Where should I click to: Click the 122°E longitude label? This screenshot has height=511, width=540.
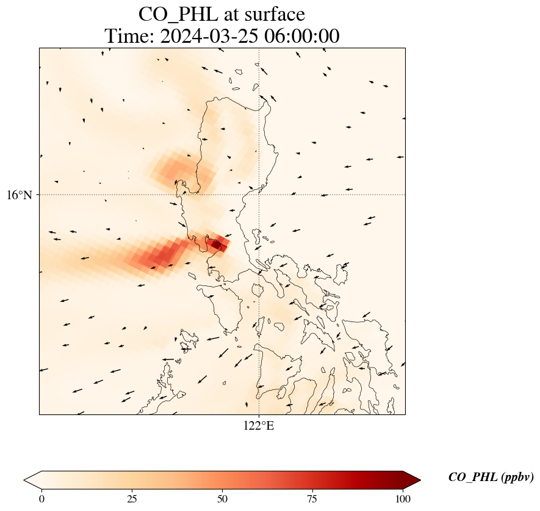pos(259,425)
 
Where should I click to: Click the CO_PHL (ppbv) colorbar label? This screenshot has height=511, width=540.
pos(491,477)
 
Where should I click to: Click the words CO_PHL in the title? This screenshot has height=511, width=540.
pos(173,13)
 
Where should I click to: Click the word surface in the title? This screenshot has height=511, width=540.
pos(270,13)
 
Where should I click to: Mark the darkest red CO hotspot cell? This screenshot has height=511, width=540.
pos(215,244)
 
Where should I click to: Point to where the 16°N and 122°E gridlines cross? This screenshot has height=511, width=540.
pos(259,194)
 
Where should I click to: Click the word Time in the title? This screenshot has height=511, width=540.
pos(129,36)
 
